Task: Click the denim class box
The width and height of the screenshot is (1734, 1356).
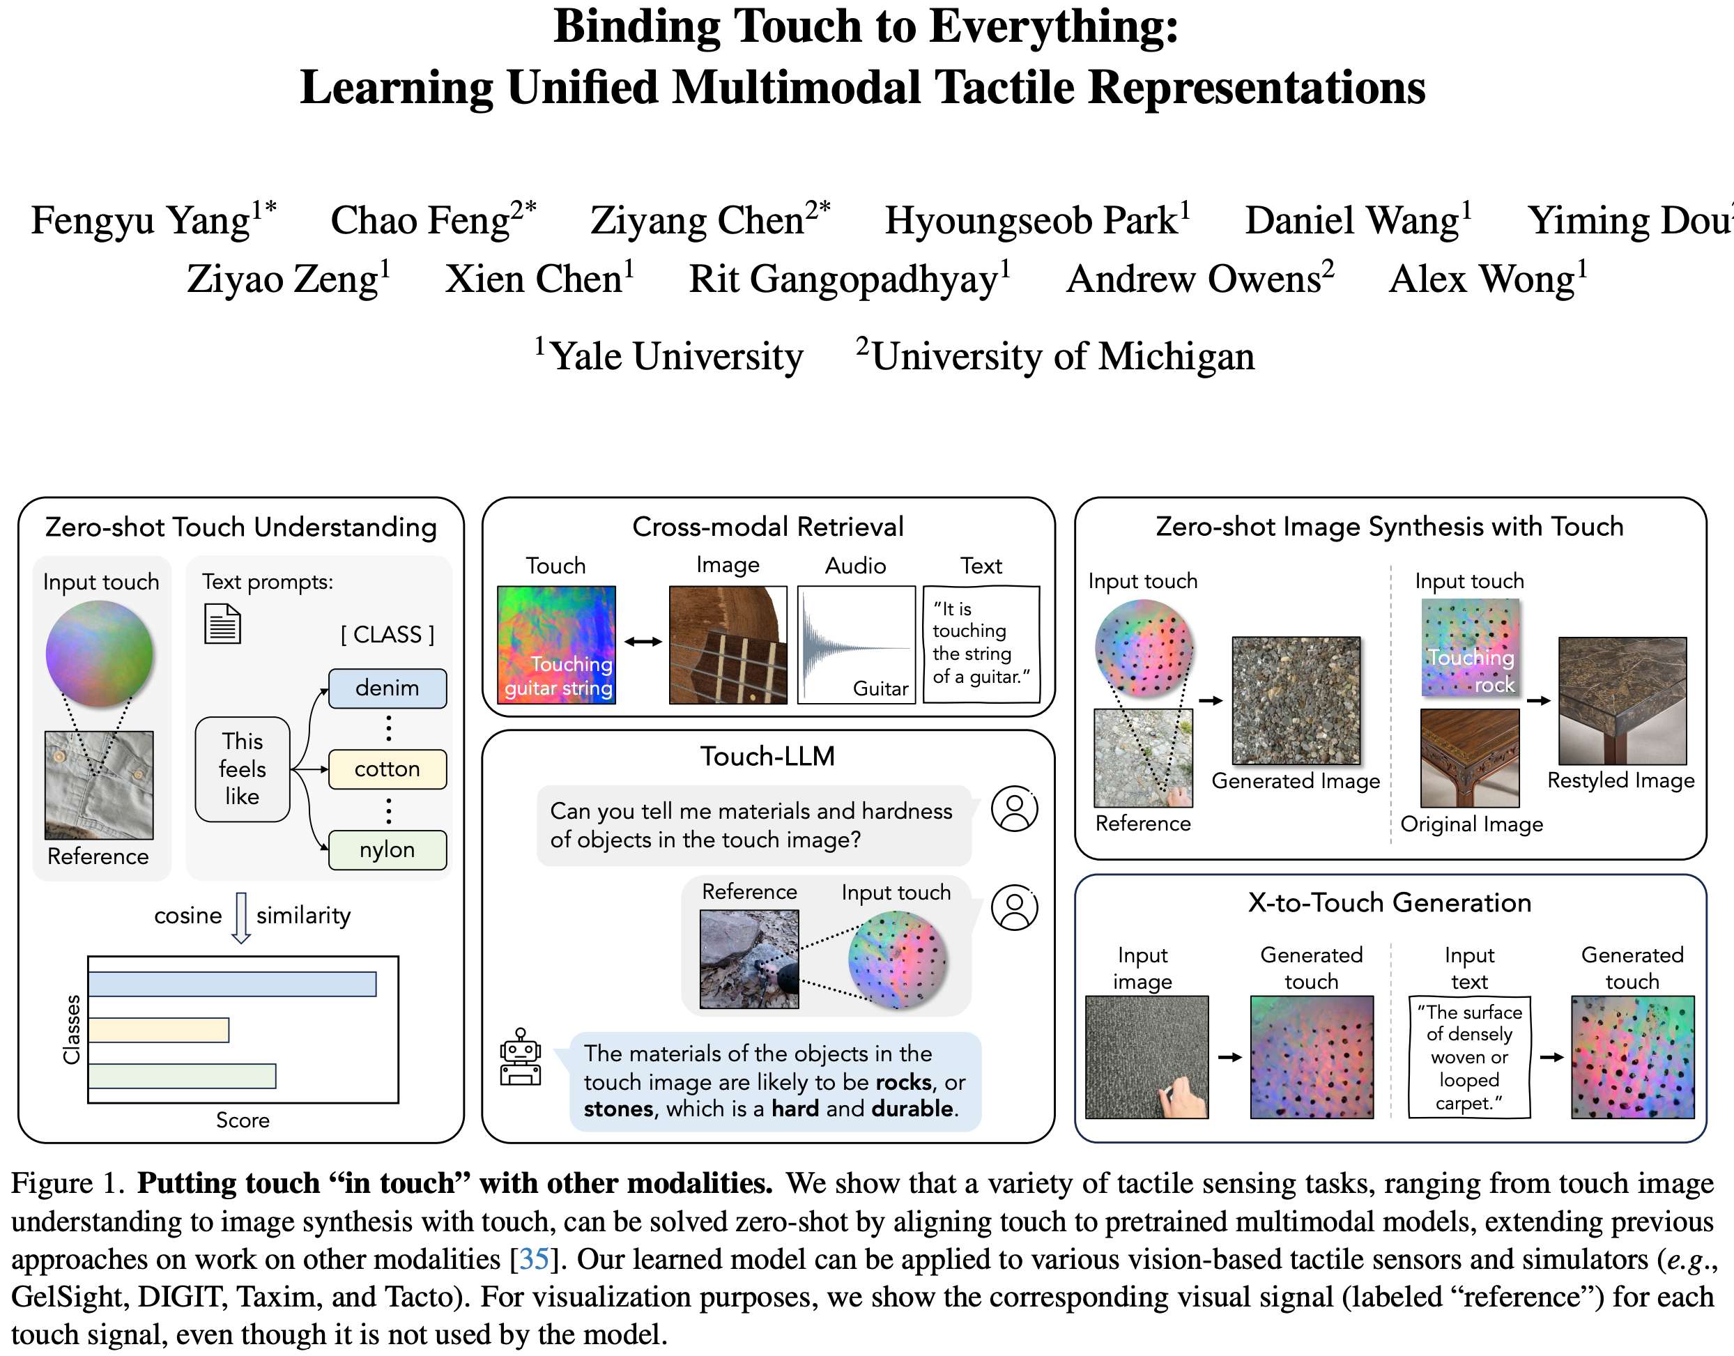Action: pyautogui.click(x=388, y=688)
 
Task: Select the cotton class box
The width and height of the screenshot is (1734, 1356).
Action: pyautogui.click(x=388, y=769)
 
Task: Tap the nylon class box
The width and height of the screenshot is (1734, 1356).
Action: pyautogui.click(x=388, y=849)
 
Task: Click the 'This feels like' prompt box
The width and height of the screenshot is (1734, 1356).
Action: pyautogui.click(x=242, y=769)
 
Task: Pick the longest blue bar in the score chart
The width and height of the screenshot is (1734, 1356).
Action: pyautogui.click(x=232, y=984)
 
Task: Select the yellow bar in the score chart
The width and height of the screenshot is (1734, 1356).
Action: pyautogui.click(x=159, y=1030)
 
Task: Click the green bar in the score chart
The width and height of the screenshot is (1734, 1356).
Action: pyautogui.click(x=182, y=1076)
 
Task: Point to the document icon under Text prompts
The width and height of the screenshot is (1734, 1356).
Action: pyautogui.click(x=222, y=624)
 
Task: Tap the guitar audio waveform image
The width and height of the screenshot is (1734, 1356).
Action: pyautogui.click(x=856, y=645)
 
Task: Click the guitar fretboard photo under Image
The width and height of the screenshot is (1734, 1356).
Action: pyautogui.click(x=728, y=645)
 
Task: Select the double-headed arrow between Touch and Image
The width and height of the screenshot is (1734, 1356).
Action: pyautogui.click(x=643, y=642)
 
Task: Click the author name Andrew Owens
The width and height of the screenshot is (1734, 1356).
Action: pyautogui.click(x=1199, y=279)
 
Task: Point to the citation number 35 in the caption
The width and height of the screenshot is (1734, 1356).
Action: pyautogui.click(x=534, y=1259)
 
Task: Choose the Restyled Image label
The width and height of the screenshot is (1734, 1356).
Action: pyautogui.click(x=1620, y=780)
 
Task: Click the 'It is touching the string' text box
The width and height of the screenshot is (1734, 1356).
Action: pyautogui.click(x=981, y=644)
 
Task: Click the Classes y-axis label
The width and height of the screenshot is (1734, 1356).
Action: pyautogui.click(x=72, y=1029)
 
